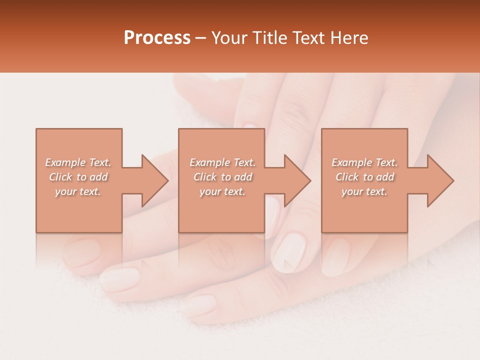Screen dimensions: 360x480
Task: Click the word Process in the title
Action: coord(157,38)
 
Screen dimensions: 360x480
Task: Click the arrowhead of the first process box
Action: coord(155,180)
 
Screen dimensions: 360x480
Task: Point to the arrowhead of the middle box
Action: coord(297,180)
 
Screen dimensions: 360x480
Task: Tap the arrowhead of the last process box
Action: coord(440,180)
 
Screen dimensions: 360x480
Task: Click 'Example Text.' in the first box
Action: coord(78,162)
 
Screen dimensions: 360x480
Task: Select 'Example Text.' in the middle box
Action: coord(222,162)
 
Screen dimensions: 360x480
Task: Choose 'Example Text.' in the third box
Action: coord(364,162)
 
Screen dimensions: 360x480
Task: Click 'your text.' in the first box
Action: coord(78,191)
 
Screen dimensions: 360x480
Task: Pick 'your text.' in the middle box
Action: coord(222,191)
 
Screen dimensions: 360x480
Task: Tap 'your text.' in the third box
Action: coord(364,191)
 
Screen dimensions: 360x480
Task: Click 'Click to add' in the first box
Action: coord(78,177)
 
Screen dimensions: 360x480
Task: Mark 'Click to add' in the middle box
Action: coord(222,177)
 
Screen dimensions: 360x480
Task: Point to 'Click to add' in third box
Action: coord(364,177)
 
